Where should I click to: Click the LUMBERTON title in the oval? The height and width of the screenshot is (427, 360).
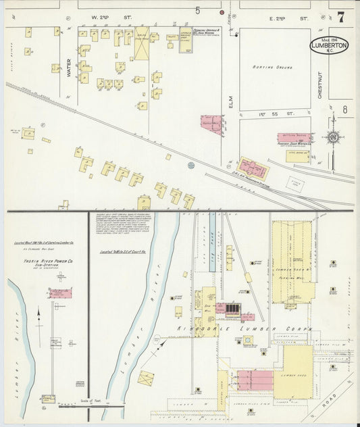click(330, 46)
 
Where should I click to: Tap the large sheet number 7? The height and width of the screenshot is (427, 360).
click(341, 18)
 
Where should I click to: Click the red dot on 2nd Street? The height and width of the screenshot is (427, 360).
click(221, 12)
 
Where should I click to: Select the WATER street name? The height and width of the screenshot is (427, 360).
click(69, 67)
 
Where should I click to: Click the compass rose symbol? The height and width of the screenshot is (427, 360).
click(333, 138)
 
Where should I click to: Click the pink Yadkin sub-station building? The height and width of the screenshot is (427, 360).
click(60, 293)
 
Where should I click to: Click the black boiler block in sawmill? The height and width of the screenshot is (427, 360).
click(232, 309)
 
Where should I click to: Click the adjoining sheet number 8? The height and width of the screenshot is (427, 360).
click(344, 109)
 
